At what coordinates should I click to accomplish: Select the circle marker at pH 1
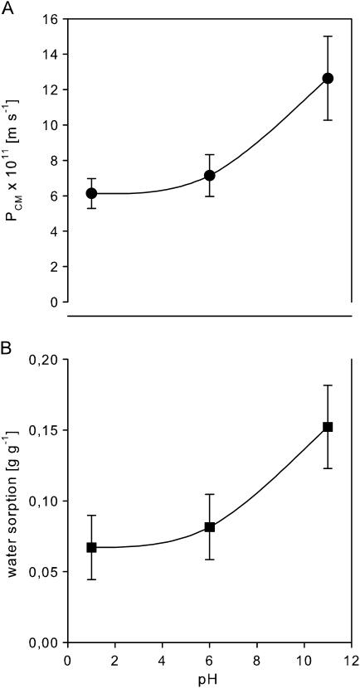[x=91, y=193]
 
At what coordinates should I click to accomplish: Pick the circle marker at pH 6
[x=210, y=176]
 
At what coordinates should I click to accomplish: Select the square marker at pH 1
[x=91, y=547]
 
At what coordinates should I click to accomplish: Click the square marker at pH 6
[x=210, y=527]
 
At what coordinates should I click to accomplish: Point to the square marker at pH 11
[x=328, y=427]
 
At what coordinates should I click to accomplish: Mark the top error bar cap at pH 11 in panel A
[x=328, y=36]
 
